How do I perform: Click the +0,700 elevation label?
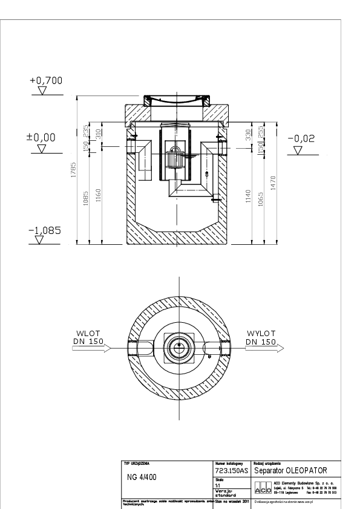tap(46, 80)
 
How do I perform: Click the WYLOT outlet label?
tap(261, 334)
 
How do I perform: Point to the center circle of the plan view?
tap(180, 348)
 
